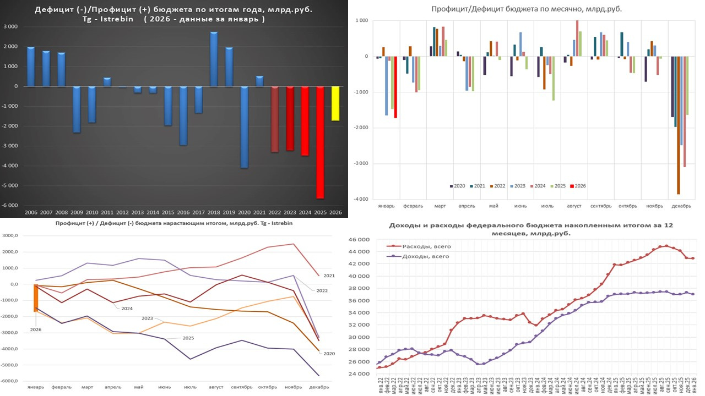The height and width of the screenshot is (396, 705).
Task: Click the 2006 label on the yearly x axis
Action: (31, 212)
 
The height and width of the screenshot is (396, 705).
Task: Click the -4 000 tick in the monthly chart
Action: (360, 199)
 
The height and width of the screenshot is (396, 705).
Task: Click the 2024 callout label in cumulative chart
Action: (127, 309)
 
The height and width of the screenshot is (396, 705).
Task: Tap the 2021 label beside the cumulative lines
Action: (329, 276)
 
